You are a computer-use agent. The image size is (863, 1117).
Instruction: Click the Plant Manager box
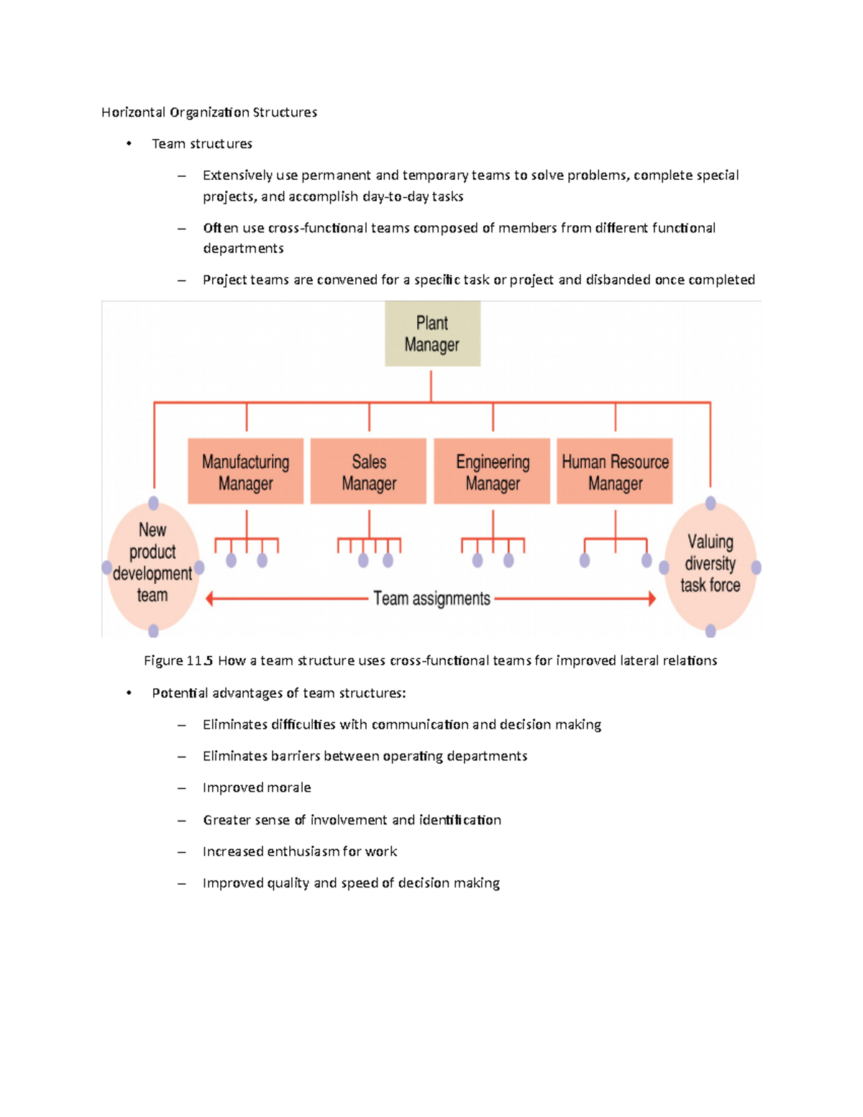(x=432, y=334)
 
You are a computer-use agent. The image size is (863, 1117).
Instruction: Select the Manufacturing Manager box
(x=245, y=471)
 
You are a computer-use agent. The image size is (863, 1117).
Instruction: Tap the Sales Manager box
(x=368, y=471)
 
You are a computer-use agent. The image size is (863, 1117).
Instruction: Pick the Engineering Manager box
(x=492, y=471)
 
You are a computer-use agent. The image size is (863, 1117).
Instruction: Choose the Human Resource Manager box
(x=615, y=471)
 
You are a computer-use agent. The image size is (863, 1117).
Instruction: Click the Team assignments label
(x=431, y=598)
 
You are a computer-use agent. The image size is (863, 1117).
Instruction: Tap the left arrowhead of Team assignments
(x=210, y=598)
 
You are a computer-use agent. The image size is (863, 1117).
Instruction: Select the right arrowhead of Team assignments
(x=652, y=598)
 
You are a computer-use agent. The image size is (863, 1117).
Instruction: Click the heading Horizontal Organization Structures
(x=209, y=112)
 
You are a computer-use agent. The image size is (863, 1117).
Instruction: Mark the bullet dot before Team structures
(x=129, y=144)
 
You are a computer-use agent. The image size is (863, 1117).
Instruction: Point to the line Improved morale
(x=257, y=788)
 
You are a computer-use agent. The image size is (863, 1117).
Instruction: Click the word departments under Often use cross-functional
(x=243, y=248)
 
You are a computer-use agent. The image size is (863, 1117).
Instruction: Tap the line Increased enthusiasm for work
(x=300, y=852)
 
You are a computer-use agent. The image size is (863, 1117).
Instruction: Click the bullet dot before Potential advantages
(x=129, y=693)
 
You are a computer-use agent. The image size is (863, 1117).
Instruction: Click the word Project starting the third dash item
(x=224, y=280)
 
